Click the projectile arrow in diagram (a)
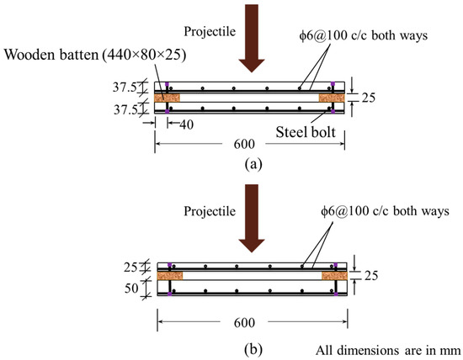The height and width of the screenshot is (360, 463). coord(252,39)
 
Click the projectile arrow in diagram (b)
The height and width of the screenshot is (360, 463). coord(252,219)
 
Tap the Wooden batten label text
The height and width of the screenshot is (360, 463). coord(95,55)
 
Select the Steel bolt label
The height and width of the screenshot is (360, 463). coord(306,132)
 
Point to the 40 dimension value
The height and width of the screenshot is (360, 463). coord(187,124)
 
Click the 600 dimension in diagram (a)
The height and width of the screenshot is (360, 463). coord(244,144)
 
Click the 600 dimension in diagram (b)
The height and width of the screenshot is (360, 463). coord(244,322)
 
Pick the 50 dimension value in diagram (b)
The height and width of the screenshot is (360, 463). coord(131,288)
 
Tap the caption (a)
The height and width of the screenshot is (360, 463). coord(253,164)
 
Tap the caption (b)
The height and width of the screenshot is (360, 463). coord(253,350)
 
